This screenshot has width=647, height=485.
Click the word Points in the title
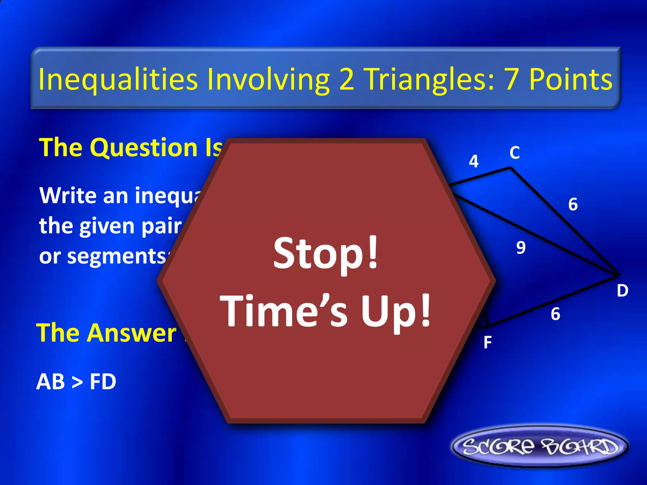pos(571,79)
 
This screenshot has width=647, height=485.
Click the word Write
pos(68,195)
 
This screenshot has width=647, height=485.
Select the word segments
pos(117,256)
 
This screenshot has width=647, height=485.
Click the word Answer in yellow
pos(133,333)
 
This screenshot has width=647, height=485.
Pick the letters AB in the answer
pos(51,381)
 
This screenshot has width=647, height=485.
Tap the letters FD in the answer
pos(103,381)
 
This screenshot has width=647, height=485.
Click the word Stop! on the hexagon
pos(326,253)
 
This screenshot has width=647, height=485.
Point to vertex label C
pos(514,153)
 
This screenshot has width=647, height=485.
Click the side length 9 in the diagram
pos(521,247)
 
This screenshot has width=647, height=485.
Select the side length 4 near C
pos(474,161)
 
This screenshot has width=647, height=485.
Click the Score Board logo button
pos(540,446)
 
